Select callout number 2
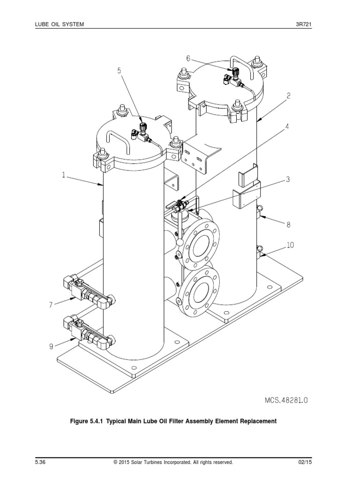coord(289,96)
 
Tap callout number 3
coord(288,180)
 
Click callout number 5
coord(119,71)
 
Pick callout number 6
coord(188,59)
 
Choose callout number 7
coord(50,305)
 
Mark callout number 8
coord(288,225)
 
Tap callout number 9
coord(50,346)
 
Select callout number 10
coord(290,245)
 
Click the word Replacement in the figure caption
coord(254,421)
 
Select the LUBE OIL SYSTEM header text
coord(60,23)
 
